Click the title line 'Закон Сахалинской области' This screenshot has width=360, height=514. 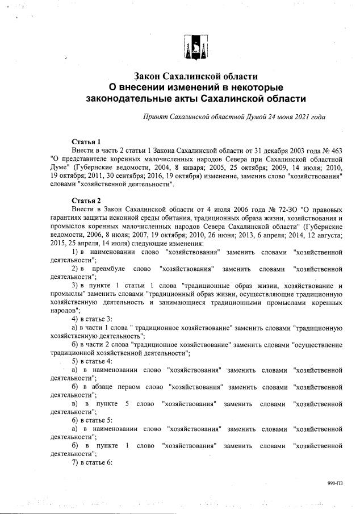click(x=196, y=76)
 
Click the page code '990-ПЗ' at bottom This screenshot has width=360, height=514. click(x=335, y=483)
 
